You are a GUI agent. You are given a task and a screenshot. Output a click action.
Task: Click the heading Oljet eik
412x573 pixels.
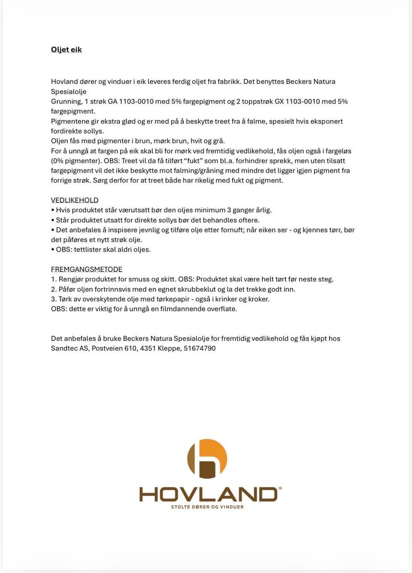(x=66, y=50)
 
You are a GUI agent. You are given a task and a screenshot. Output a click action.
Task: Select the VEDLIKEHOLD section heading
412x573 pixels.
(x=75, y=200)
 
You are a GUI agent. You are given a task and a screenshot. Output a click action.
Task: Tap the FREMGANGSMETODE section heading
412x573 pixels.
(x=87, y=269)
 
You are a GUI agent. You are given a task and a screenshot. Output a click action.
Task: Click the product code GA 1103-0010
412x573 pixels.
(x=130, y=102)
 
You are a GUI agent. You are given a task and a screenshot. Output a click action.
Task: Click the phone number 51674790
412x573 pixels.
(x=200, y=348)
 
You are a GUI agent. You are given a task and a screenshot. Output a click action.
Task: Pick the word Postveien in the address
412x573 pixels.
(x=107, y=348)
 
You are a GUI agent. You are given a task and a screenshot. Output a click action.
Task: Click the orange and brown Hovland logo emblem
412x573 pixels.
(x=207, y=458)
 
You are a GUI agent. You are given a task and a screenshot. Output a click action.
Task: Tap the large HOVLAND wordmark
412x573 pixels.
(x=208, y=494)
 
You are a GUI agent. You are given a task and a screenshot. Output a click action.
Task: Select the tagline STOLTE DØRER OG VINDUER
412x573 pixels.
(x=207, y=507)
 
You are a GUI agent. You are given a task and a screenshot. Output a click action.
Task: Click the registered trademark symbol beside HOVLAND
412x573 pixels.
(x=280, y=488)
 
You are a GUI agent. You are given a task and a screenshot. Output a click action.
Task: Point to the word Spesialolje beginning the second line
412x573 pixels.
(x=69, y=92)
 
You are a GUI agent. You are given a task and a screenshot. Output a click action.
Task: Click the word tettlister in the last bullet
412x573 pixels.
(x=89, y=250)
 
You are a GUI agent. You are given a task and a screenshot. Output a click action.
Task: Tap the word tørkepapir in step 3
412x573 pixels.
(x=172, y=299)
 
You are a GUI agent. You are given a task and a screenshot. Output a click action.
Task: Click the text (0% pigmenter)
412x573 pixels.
(x=76, y=161)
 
